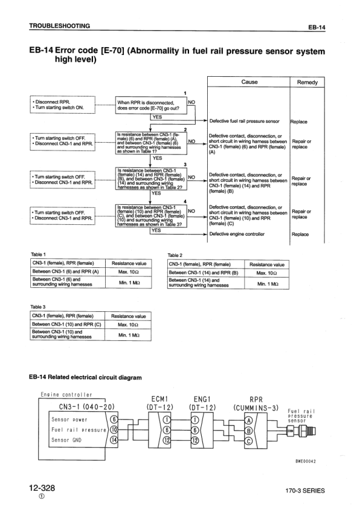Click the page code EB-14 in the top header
(x=316, y=28)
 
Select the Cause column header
(x=249, y=82)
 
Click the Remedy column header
(x=307, y=82)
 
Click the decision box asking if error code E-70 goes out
(x=151, y=105)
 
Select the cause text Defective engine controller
(x=237, y=234)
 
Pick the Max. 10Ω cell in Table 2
(x=266, y=273)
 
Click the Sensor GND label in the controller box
(x=69, y=440)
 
